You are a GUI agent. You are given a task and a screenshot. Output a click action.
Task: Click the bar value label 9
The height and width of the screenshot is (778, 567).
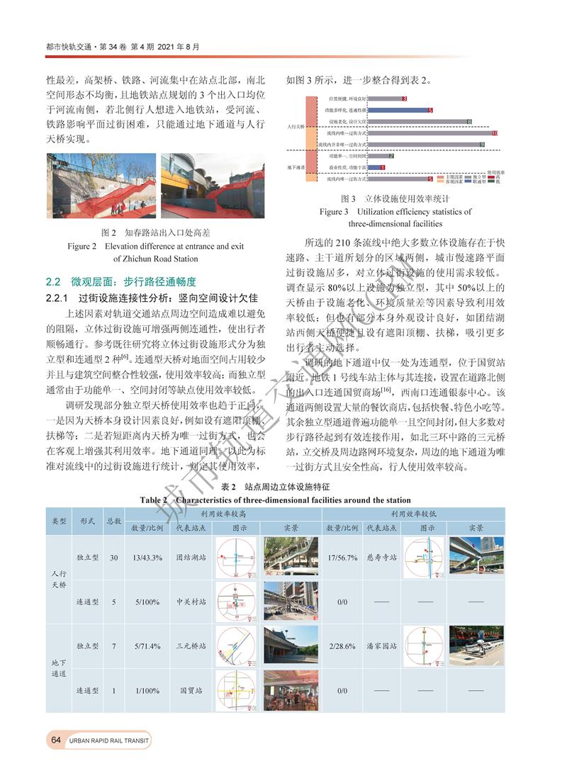click(482, 145)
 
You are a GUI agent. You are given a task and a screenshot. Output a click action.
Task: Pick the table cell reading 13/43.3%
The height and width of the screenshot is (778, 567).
click(147, 558)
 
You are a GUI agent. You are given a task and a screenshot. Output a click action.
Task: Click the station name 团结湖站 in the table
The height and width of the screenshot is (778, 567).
click(191, 558)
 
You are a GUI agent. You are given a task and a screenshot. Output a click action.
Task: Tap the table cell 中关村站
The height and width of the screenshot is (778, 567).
click(191, 602)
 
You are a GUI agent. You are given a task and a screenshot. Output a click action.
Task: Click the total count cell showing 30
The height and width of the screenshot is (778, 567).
click(113, 558)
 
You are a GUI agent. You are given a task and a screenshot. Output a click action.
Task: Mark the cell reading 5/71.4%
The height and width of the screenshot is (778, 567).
click(147, 646)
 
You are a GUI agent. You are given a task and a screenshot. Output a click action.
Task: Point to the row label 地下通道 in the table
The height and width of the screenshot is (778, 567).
click(59, 668)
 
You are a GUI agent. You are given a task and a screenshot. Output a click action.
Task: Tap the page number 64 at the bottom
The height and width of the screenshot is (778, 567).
click(55, 740)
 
